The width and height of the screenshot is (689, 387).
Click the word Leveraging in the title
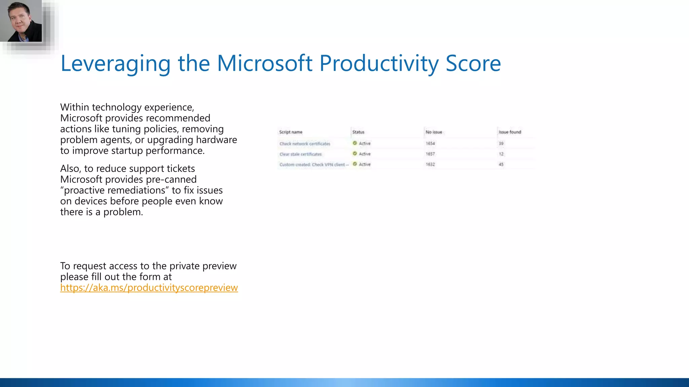[115, 63]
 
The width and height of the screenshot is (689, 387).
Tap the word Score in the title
[473, 63]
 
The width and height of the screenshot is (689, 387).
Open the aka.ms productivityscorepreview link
[149, 288]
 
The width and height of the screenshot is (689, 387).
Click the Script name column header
[291, 132]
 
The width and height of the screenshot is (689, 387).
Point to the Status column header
[358, 132]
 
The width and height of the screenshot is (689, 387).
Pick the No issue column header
[434, 132]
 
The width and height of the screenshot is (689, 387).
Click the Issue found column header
[510, 132]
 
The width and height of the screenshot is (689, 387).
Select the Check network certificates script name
[305, 144]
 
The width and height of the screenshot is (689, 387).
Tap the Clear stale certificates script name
[300, 154]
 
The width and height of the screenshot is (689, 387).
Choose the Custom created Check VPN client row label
[314, 165]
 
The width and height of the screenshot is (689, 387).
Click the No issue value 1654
[430, 143]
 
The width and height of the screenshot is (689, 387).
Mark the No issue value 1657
[430, 154]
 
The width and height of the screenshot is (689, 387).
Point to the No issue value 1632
[430, 164]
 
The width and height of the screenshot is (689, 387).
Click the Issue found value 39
[501, 143]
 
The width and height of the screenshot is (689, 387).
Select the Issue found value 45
[501, 164]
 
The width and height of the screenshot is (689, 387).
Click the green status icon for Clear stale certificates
[355, 154]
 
